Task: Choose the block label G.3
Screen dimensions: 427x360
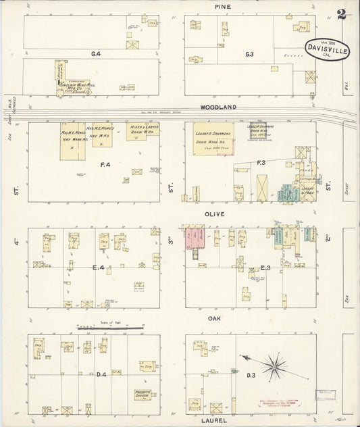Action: coord(249,53)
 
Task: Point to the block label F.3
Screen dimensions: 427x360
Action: coord(261,163)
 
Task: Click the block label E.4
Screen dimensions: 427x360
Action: coord(99,268)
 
